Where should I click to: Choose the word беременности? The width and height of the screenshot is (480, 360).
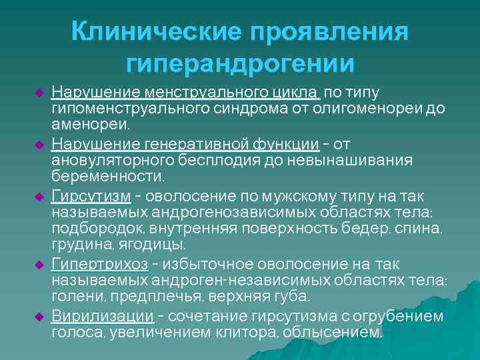click(107, 177)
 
